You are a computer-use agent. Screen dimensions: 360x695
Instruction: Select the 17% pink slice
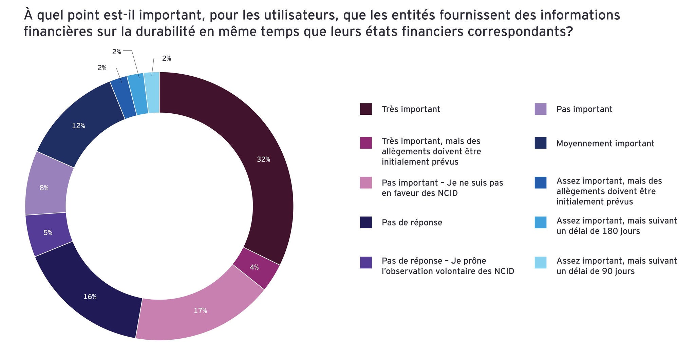[200, 310]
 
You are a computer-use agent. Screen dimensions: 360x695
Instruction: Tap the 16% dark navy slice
[90, 296]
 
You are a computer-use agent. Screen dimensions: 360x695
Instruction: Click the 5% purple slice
[48, 233]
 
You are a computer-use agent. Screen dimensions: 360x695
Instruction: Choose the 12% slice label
[78, 126]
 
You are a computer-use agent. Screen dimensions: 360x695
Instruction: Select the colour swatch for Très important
[366, 109]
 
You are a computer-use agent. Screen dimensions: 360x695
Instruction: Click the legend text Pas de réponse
[412, 223]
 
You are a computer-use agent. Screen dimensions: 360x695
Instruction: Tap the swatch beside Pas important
[540, 109]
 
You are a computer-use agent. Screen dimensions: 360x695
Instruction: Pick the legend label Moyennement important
[605, 144]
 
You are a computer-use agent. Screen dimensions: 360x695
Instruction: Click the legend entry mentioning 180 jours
[616, 226]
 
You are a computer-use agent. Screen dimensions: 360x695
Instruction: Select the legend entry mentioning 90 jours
[616, 266]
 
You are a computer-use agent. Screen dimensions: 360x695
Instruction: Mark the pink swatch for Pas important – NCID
[366, 183]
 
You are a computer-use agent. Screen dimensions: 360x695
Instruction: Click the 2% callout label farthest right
[166, 58]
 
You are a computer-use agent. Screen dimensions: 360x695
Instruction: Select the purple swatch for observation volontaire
[366, 263]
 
